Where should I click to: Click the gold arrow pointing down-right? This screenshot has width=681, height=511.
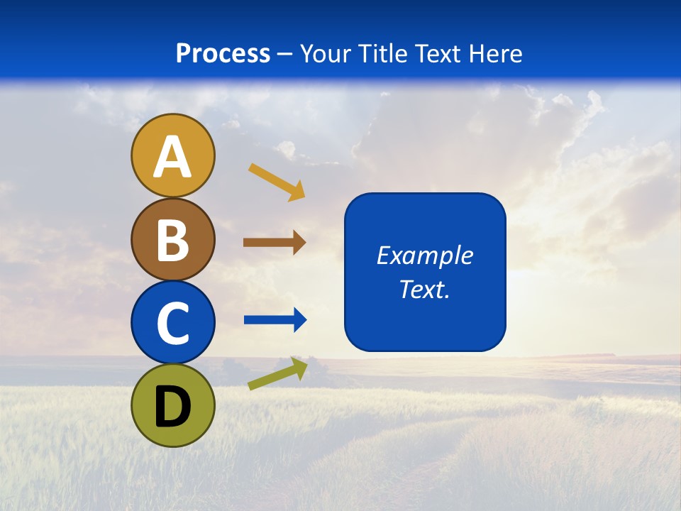pyautogui.click(x=277, y=182)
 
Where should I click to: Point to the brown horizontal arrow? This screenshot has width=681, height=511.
pyautogui.click(x=275, y=243)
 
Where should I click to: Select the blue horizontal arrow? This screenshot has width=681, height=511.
pyautogui.click(x=275, y=320)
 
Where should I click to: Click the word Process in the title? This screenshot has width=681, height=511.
pyautogui.click(x=223, y=54)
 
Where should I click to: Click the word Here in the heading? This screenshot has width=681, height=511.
pyautogui.click(x=494, y=54)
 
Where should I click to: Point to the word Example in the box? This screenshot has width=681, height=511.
pyautogui.click(x=424, y=255)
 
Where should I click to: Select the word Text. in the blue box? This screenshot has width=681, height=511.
pyautogui.click(x=424, y=290)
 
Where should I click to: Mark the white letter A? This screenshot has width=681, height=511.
pyautogui.click(x=172, y=157)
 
